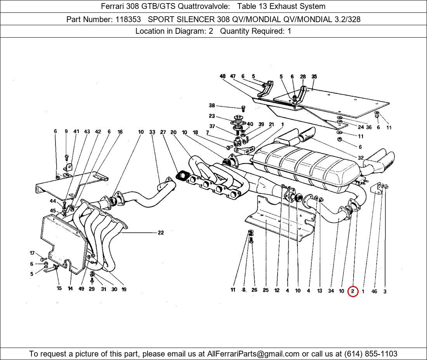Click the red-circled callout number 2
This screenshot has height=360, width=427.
coord(352,291)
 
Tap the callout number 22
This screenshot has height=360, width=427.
coord(161,233)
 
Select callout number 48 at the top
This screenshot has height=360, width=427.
coord(222,76)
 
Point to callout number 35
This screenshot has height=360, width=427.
coord(314,76)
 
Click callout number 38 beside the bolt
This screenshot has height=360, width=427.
coord(212,106)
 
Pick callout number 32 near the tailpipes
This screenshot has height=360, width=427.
coord(361,158)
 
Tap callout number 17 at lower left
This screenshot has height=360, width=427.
coord(32,253)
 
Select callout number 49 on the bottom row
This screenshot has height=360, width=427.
coord(81,289)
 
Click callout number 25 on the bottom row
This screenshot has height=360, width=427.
coord(266,290)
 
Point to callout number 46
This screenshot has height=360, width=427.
coord(374,291)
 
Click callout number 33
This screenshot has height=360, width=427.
coord(152,132)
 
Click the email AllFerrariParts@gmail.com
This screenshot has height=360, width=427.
coord(253,354)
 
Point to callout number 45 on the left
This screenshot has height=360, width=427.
coord(53,211)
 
